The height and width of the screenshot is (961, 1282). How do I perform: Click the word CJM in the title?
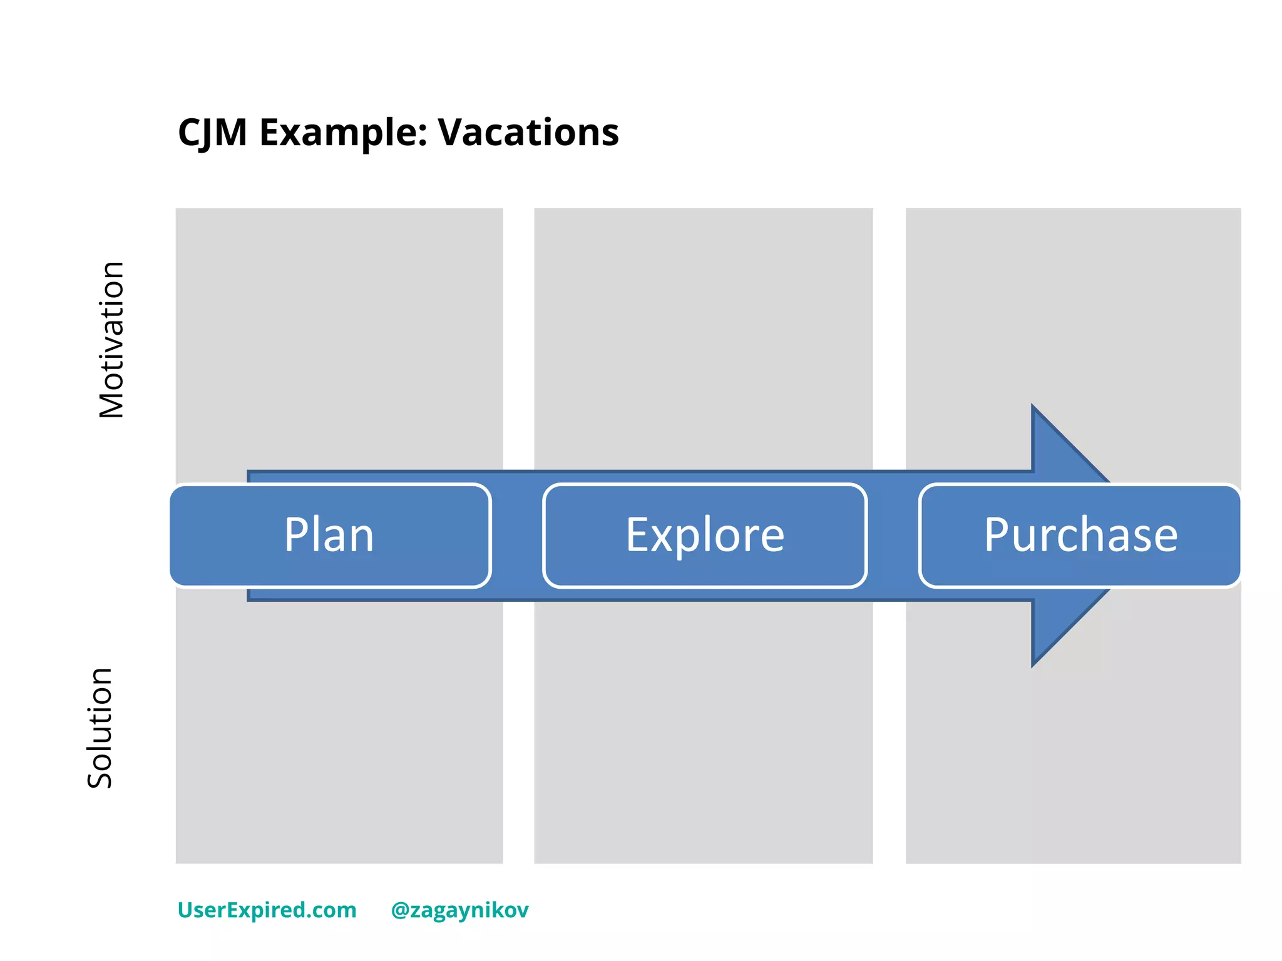pos(212,133)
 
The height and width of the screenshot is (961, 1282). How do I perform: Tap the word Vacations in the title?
pos(528,133)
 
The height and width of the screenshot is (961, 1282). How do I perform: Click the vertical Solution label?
pos(100,728)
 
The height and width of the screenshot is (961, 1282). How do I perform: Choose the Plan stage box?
pos(330,536)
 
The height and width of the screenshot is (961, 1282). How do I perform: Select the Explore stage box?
pos(705,536)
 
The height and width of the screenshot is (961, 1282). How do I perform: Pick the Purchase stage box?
pos(1080,536)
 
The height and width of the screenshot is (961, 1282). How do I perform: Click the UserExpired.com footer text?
pos(267,910)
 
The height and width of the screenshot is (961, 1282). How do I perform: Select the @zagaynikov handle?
pos(460,910)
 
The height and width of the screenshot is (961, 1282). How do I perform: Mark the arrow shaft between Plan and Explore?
pos(517,536)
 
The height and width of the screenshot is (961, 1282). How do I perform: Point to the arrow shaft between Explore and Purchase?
pos(893,536)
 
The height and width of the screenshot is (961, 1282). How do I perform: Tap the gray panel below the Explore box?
pos(703,732)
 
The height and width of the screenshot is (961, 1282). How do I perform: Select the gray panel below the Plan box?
pos(339,732)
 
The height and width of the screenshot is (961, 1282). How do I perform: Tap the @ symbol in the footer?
pos(400,910)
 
